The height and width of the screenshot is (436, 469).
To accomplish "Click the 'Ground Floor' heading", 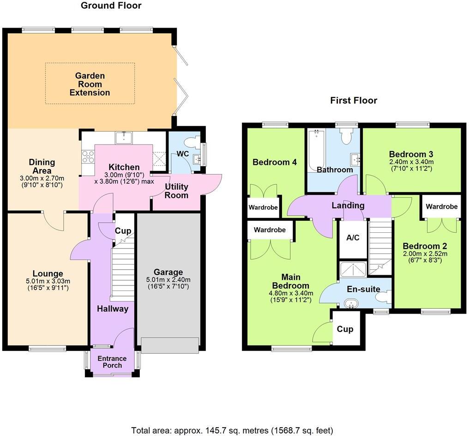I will (x=111, y=6).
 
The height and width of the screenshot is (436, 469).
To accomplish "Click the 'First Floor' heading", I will (x=354, y=100).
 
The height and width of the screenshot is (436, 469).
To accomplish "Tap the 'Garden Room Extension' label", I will (x=90, y=84).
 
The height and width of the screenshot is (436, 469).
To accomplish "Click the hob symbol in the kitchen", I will (x=88, y=157).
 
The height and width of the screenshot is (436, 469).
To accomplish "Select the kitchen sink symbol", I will (x=124, y=137).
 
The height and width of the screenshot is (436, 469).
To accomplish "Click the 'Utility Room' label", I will (x=176, y=191).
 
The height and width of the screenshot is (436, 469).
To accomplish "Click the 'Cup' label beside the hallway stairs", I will (x=123, y=231).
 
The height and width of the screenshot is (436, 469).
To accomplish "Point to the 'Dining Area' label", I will (x=42, y=167).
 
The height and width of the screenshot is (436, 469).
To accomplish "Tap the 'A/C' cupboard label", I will (x=353, y=237).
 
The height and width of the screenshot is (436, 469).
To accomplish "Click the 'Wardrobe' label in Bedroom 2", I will (x=441, y=206).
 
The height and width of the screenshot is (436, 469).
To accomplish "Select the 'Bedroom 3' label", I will (x=411, y=154).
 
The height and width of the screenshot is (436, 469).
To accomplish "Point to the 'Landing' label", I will (x=348, y=206).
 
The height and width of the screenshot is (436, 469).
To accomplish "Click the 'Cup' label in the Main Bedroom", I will (x=345, y=329).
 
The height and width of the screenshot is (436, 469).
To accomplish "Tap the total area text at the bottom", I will (x=232, y=430).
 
